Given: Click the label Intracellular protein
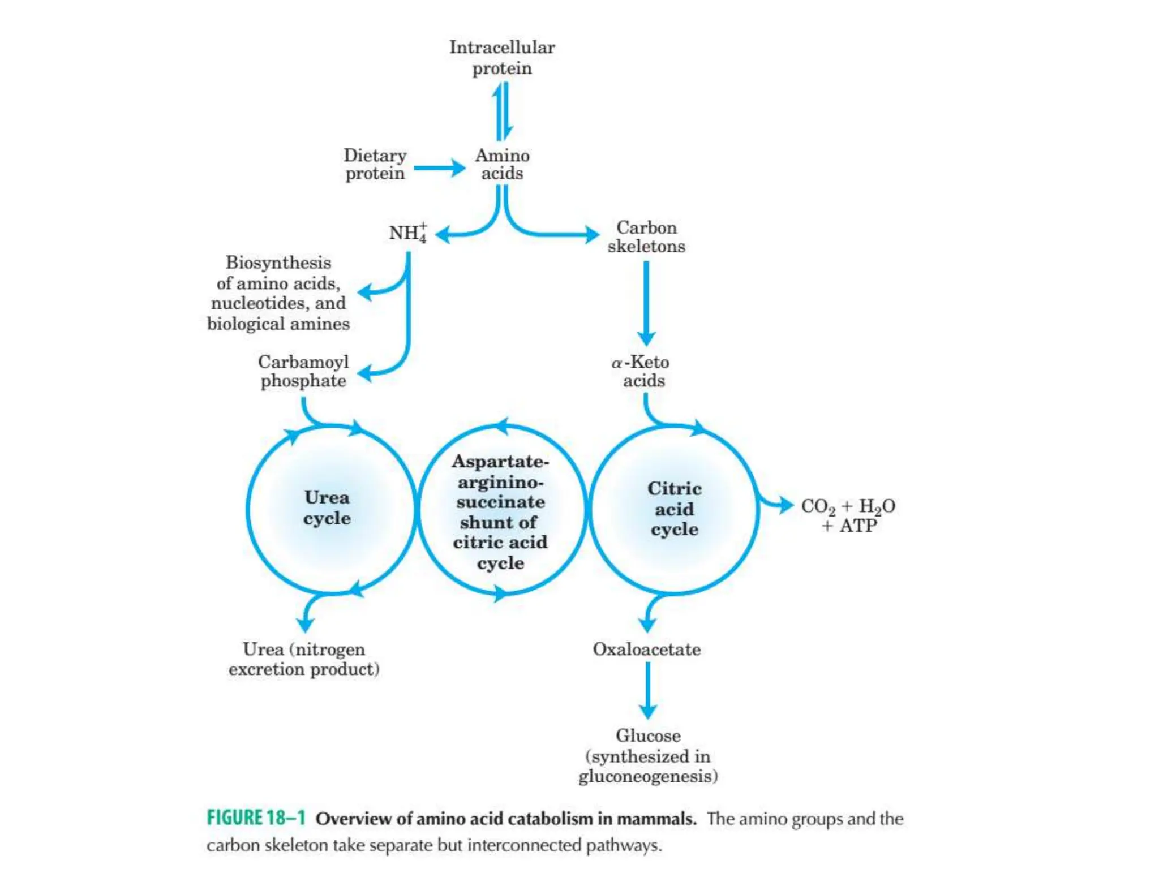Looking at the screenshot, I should coord(502,58).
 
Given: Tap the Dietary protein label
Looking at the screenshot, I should coord(375,164).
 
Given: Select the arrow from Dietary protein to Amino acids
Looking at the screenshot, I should coord(439,168).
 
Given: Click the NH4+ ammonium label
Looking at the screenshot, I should coord(407,233).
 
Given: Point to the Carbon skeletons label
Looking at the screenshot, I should coord(646,236).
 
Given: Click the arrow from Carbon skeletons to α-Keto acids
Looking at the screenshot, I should coord(646,303).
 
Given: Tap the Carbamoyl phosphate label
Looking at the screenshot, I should coord(303,371).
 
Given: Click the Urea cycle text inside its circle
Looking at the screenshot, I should coord(327,507).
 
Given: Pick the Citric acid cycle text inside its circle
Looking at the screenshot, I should coord(674,509).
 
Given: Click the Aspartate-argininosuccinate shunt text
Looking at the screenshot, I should coord(500,511).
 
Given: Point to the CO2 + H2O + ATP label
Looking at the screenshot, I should coord(848,515).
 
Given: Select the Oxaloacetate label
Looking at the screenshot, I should coord(646,649).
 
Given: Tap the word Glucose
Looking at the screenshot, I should coord(648,735).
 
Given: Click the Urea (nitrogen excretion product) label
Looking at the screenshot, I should coord(304,659).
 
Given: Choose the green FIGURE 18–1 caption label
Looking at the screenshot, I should coord(256,818).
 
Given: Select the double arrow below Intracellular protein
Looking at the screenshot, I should coord(502,111).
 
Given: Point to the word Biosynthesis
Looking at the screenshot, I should coord(278,263).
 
